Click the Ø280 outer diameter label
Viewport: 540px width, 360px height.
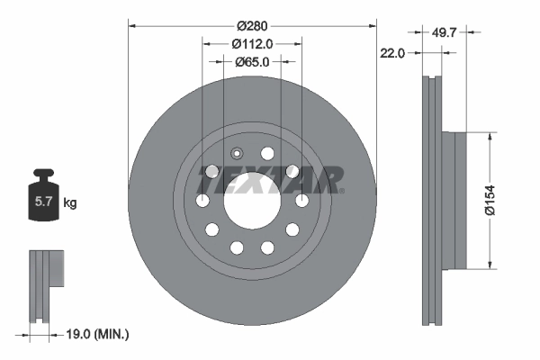tap(251, 26)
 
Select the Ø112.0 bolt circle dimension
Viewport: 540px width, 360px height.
tap(251, 44)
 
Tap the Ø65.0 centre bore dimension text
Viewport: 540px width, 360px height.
tap(251, 62)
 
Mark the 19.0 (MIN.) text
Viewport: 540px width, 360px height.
tap(100, 334)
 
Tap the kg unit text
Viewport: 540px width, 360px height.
tap(70, 203)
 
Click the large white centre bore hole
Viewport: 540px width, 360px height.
tap(251, 200)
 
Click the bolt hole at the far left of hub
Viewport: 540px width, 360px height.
tap(203, 200)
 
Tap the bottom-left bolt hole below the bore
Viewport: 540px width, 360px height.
tap(237, 247)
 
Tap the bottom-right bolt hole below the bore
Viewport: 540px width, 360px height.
tap(267, 247)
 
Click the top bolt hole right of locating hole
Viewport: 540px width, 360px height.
tap(267, 152)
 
